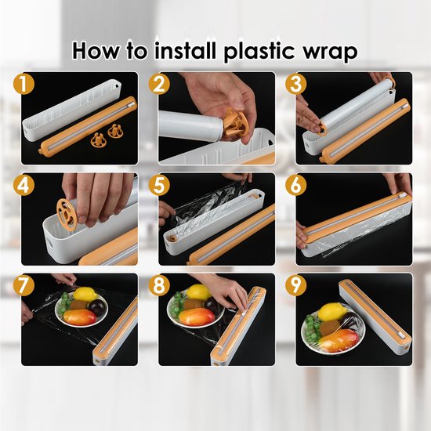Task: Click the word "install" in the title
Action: (185, 51)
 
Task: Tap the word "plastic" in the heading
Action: (259, 52)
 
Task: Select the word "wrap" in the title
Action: (330, 53)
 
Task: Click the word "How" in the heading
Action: (96, 51)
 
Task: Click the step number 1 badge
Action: (24, 84)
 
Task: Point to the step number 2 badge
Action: (159, 84)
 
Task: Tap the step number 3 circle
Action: (295, 84)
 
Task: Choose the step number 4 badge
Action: (24, 185)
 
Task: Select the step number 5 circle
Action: (159, 185)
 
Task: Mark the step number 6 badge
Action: (295, 185)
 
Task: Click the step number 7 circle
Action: (24, 285)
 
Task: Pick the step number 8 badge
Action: (159, 285)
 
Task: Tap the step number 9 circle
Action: (295, 285)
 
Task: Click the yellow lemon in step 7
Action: (85, 294)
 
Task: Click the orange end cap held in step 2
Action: (235, 123)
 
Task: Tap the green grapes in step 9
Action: (312, 327)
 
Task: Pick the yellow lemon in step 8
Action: (198, 292)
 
